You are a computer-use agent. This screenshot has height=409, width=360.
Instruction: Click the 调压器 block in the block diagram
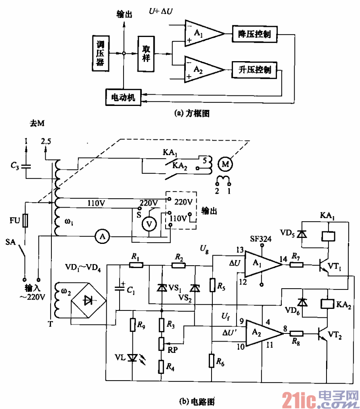tap(101, 53)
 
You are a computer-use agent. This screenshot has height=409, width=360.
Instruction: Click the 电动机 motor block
tap(123, 97)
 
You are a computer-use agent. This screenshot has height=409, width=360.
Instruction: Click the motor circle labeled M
tap(225, 164)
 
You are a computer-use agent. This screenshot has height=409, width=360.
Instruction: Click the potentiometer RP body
tap(161, 344)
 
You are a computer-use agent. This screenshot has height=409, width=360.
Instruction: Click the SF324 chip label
tap(261, 238)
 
